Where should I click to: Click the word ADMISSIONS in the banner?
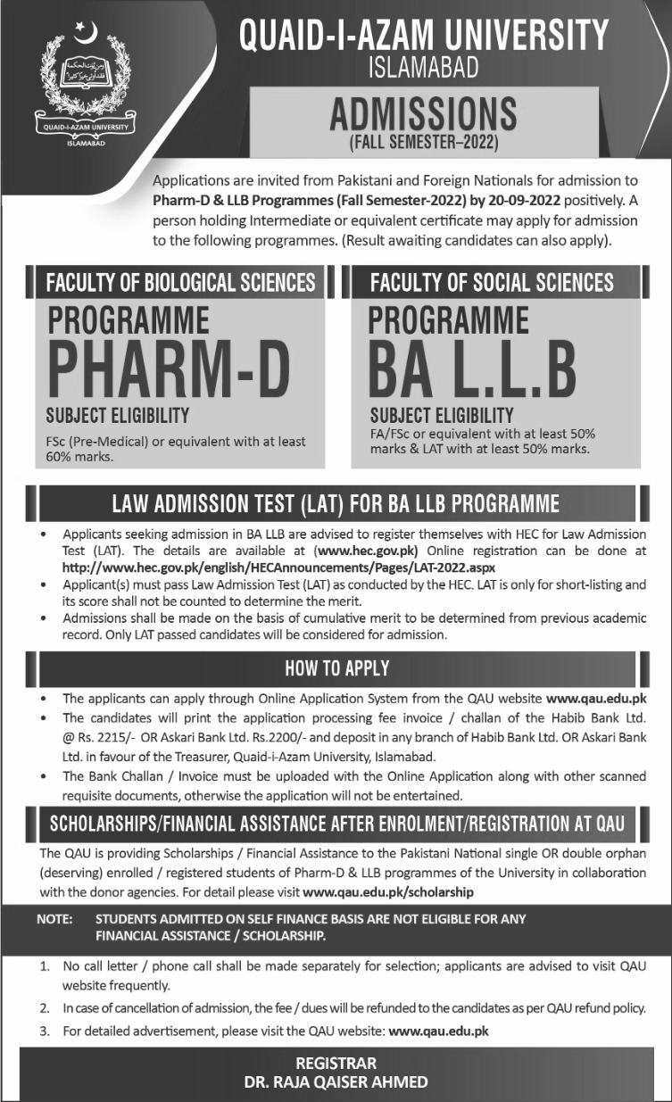[x=423, y=114]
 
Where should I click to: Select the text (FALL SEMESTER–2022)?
[x=423, y=141]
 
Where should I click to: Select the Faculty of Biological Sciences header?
[x=181, y=283]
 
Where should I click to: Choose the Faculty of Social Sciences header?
[x=492, y=283]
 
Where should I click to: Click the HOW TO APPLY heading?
[x=336, y=668]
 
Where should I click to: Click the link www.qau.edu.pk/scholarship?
[x=388, y=891]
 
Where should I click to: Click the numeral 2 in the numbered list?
[x=44, y=1008]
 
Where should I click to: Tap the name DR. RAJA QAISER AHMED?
[x=336, y=1081]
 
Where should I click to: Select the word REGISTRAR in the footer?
[x=336, y=1063]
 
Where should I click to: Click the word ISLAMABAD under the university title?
[x=423, y=66]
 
